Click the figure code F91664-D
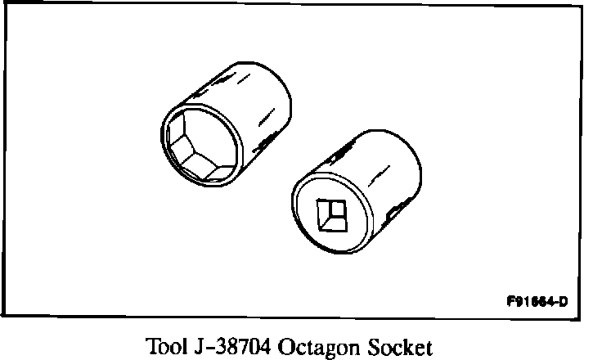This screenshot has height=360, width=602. [537, 299]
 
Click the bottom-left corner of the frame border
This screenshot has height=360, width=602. [7, 317]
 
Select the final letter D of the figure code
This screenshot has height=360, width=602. [564, 299]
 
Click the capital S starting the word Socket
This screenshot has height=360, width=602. [368, 346]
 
